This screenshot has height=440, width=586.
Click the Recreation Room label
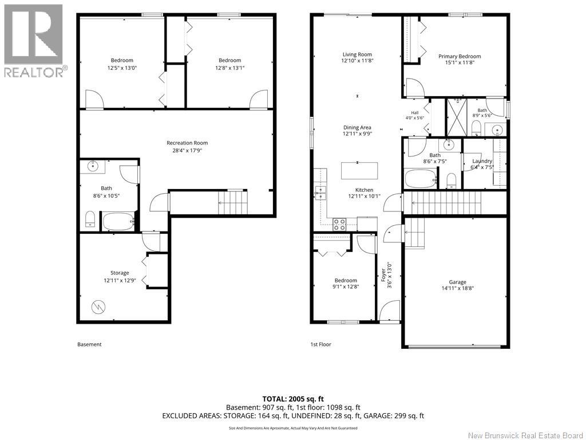tap(187, 143)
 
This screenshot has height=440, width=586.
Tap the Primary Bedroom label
tap(460, 56)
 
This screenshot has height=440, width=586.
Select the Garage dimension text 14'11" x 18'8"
tap(457, 288)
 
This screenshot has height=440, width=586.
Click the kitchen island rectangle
tap(359, 171)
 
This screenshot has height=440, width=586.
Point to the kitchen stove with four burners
tap(339, 224)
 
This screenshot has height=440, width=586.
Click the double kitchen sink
tap(320, 193)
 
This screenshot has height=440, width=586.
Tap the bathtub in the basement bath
tap(118, 222)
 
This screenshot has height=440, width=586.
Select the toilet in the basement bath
tap(90, 219)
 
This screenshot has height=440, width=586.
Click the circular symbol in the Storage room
tap(98, 307)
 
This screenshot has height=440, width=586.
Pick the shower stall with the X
tap(457, 117)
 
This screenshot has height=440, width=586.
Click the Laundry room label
tap(482, 161)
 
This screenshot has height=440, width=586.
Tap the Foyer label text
tap(383, 275)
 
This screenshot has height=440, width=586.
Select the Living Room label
tap(357, 54)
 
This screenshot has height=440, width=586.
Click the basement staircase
tap(233, 202)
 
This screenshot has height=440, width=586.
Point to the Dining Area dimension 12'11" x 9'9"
tap(357, 133)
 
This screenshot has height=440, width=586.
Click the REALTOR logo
tap(34, 41)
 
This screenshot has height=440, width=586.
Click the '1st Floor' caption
tap(320, 344)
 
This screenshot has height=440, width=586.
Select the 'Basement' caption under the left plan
tap(89, 344)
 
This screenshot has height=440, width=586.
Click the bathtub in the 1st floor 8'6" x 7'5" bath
tap(421, 179)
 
